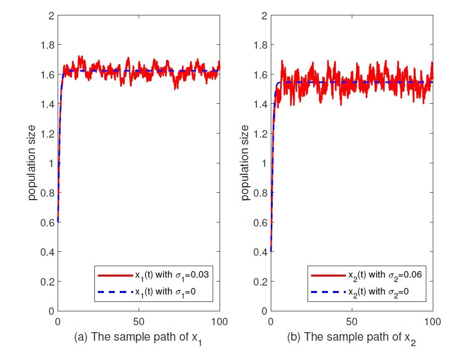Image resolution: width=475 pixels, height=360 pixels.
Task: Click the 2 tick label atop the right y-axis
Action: [264, 15]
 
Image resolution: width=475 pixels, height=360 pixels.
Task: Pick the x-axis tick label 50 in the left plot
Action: [139, 321]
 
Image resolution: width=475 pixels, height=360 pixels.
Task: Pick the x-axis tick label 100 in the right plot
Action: [433, 321]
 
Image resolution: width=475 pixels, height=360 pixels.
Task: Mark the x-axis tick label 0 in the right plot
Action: [271, 321]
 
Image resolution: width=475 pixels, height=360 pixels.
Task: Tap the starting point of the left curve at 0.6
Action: [58, 221]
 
